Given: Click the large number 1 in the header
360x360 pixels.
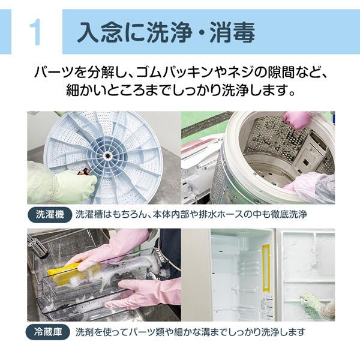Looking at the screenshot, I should point(35,32).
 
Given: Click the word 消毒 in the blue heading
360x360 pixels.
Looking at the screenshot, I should point(231,32).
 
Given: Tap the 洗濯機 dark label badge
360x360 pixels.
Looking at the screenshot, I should point(49,214).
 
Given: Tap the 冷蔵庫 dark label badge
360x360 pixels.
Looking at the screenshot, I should point(49,331).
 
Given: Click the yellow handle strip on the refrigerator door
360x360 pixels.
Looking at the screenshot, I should point(266,268).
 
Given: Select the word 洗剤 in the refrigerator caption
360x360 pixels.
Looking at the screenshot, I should point(83,331).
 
